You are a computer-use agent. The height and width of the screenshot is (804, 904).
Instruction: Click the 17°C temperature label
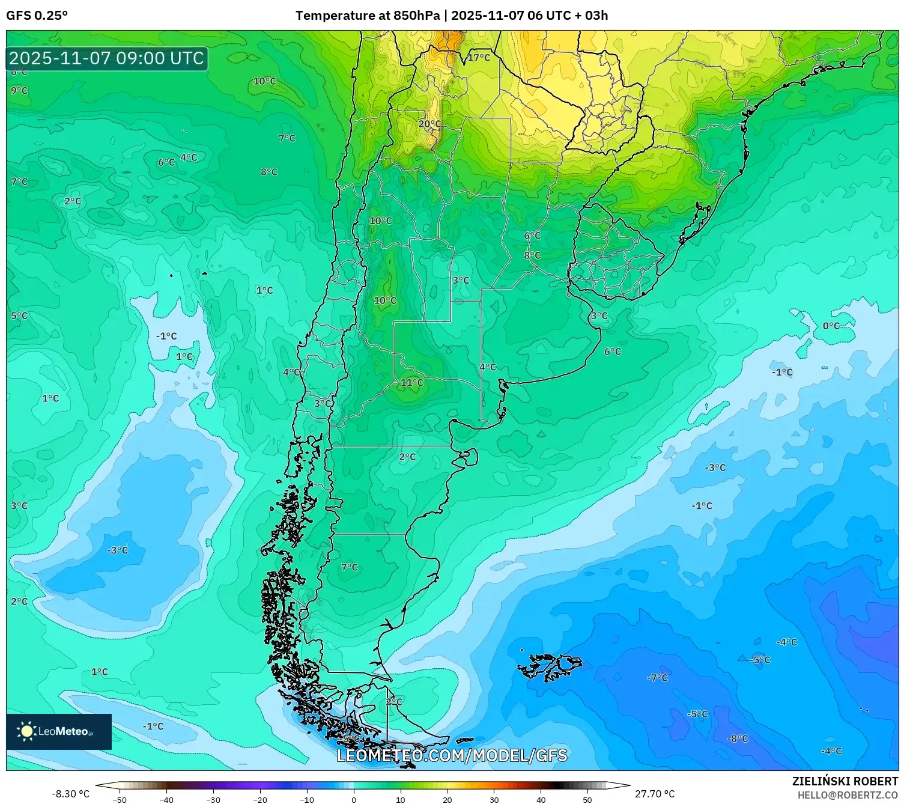[x=479, y=58]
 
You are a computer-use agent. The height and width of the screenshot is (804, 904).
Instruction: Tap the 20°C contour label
[x=429, y=124]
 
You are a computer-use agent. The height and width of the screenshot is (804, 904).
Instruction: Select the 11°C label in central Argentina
[x=412, y=383]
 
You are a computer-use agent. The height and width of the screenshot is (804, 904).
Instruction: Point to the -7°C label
[x=657, y=678]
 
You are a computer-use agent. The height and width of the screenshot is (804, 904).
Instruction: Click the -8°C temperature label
[x=738, y=739]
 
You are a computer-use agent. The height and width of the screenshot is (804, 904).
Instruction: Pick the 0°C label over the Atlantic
[x=831, y=326]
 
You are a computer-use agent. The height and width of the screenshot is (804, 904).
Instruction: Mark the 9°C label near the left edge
[x=19, y=91]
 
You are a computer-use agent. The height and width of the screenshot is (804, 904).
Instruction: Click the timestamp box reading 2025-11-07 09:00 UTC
[x=107, y=58]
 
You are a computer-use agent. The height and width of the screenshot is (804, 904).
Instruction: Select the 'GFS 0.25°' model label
[x=37, y=16]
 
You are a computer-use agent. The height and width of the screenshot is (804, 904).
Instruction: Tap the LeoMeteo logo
[x=58, y=731]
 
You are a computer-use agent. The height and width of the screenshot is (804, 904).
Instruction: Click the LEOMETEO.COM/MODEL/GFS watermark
[x=452, y=755]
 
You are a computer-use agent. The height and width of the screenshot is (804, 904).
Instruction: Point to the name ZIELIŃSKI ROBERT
[x=845, y=781]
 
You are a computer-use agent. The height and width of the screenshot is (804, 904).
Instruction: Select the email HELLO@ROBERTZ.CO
[x=848, y=794]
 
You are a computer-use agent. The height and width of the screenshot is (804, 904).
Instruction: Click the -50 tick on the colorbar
[x=120, y=799]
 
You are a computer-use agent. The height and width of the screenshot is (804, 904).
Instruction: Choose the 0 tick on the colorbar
[x=353, y=799]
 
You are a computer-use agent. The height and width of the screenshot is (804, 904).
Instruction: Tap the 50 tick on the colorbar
[x=587, y=799]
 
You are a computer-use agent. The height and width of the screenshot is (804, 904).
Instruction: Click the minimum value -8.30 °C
[x=71, y=794]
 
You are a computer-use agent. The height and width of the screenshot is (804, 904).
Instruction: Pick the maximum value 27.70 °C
[x=655, y=794]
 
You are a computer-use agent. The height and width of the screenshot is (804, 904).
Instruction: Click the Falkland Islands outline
[x=550, y=666]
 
